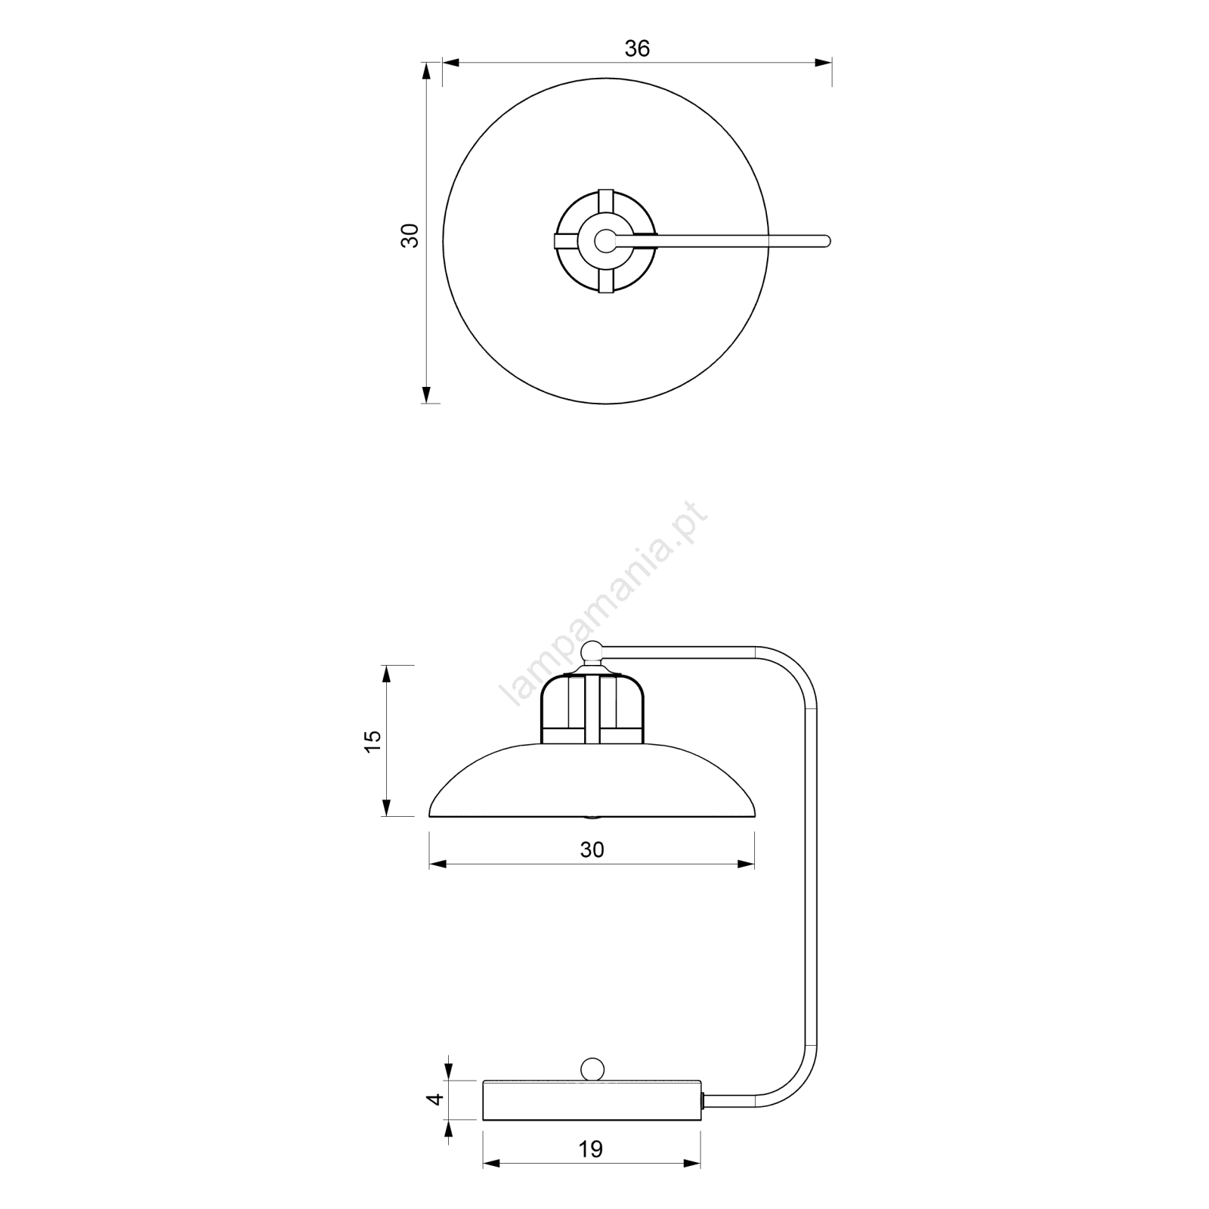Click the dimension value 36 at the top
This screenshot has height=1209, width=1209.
[x=637, y=48]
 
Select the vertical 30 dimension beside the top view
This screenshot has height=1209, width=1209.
[x=410, y=236]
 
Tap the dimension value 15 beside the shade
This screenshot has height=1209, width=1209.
[x=373, y=741]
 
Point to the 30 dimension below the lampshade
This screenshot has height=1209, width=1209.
[x=592, y=850]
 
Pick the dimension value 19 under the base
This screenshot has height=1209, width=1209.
[x=591, y=1149]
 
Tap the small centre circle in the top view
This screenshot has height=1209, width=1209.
[x=604, y=240]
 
